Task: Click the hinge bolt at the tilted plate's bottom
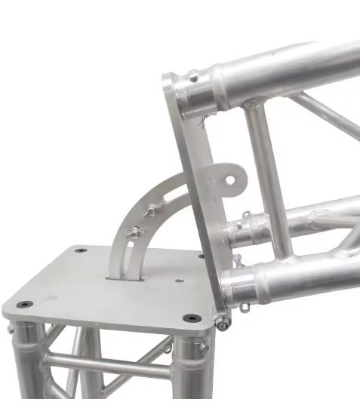223,323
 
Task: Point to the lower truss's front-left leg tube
29,362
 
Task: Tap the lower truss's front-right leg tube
189,370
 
